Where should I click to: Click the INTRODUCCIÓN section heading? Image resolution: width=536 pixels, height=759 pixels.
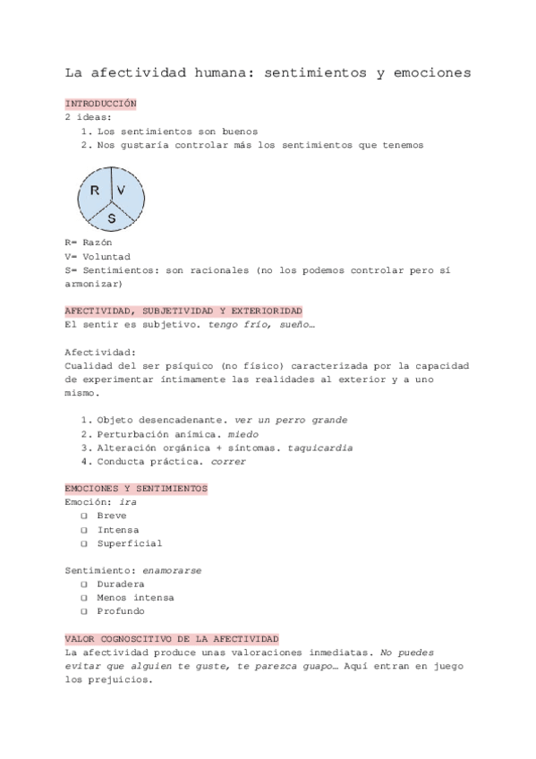pos(101,104)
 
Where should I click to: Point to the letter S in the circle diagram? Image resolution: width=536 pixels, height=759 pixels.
pos(112,217)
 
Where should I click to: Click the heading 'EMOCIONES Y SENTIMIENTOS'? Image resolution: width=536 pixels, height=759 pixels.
pos(136,489)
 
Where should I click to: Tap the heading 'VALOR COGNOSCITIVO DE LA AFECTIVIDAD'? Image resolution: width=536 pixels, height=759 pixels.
pos(172,638)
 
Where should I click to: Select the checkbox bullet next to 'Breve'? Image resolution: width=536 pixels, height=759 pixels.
pos(82,516)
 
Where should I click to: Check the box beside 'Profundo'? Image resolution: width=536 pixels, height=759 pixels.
pos(82,611)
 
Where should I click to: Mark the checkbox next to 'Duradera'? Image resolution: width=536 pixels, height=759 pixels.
pos(82,584)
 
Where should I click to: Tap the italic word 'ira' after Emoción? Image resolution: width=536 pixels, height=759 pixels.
pos(128,502)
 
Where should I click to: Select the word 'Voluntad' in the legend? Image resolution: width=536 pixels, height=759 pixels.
pos(110,255)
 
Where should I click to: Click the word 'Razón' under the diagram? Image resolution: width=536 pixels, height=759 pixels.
pos(99,242)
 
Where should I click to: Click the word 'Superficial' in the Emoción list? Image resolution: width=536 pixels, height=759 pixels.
pos(129,543)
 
